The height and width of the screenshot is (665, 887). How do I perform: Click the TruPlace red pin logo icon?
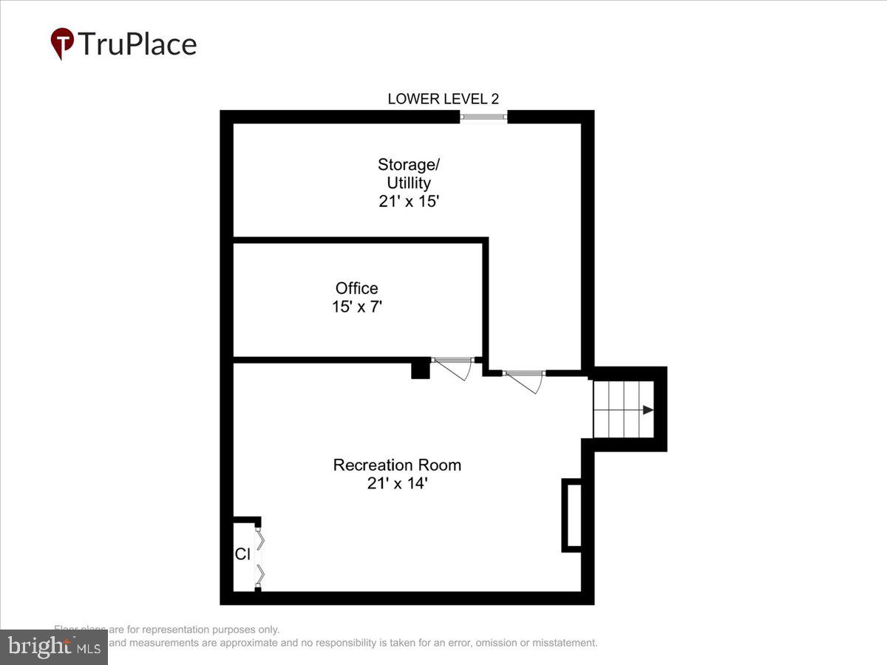pyautogui.click(x=62, y=42)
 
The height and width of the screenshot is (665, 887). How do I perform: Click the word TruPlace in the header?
pyautogui.click(x=137, y=44)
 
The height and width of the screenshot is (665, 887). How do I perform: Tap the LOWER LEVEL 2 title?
pyautogui.click(x=443, y=99)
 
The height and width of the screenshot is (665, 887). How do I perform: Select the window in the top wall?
pyautogui.click(x=483, y=117)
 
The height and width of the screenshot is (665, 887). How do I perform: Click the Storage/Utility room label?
pyautogui.click(x=404, y=173)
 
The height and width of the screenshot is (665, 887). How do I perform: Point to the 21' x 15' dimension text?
pyautogui.click(x=409, y=201)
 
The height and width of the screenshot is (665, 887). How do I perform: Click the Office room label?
pyautogui.click(x=356, y=288)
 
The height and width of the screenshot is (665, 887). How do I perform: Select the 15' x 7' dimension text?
pyautogui.click(x=356, y=306)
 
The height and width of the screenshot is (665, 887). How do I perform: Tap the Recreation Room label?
pyautogui.click(x=397, y=465)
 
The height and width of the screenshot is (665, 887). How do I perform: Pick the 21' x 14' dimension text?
pyautogui.click(x=397, y=484)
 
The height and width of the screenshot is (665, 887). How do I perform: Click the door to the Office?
pyautogui.click(x=452, y=367)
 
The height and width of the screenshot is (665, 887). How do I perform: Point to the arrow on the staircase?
pyautogui.click(x=648, y=410)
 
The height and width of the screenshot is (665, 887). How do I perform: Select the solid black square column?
pyautogui.click(x=421, y=369)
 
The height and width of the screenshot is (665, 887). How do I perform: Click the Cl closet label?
pyautogui.click(x=242, y=554)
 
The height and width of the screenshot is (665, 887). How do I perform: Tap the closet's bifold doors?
pyautogui.click(x=259, y=556)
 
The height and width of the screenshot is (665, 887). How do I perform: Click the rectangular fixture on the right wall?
pyautogui.click(x=571, y=515)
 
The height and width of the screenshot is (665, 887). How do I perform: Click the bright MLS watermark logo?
pyautogui.click(x=53, y=647)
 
